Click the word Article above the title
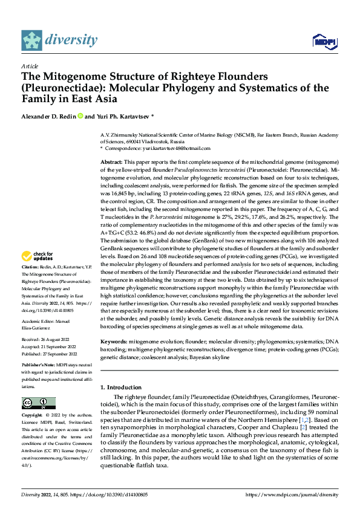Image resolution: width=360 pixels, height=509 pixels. coord(30,65)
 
